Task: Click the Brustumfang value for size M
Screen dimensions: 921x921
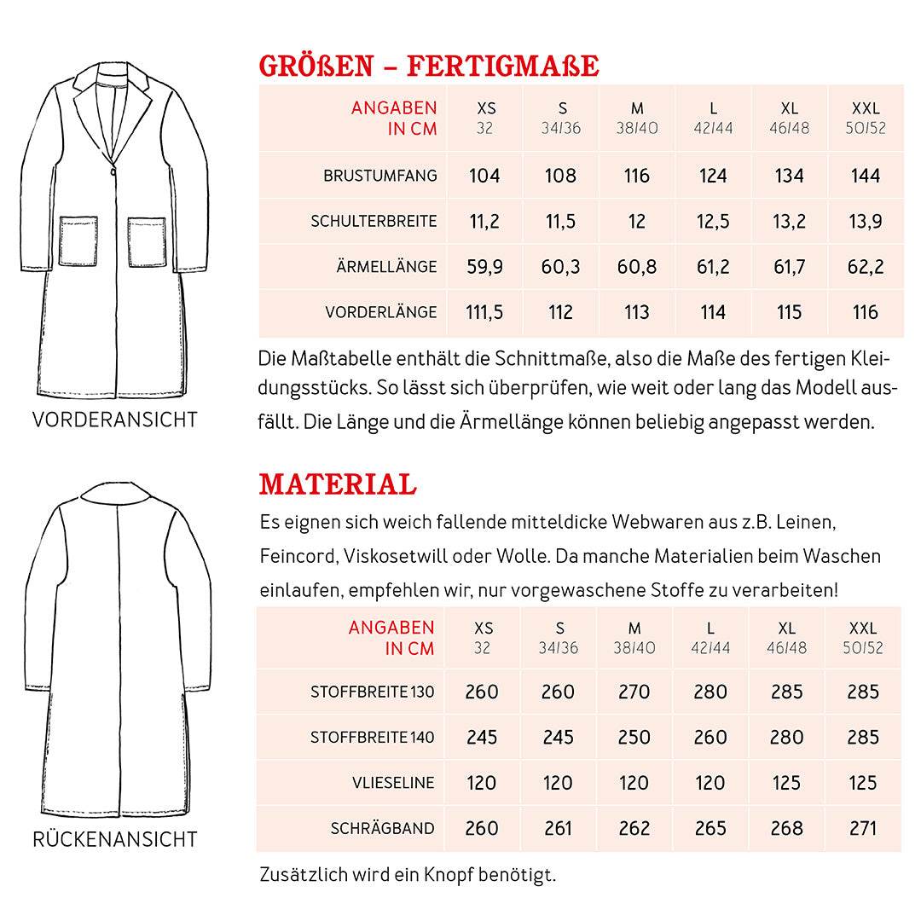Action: tap(637, 177)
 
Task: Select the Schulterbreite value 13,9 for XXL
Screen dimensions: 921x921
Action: tap(866, 222)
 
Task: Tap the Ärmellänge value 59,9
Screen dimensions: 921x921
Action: tap(484, 267)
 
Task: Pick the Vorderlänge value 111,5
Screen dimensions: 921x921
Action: tap(484, 312)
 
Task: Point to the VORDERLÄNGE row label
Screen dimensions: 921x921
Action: tap(380, 312)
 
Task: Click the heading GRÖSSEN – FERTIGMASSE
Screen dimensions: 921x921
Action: tap(429, 66)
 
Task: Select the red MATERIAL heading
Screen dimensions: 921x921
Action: tap(338, 484)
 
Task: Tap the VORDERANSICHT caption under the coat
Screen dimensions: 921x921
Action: tap(114, 420)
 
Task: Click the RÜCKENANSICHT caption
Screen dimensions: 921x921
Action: tap(114, 839)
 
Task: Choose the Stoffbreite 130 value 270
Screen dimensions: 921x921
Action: tap(634, 692)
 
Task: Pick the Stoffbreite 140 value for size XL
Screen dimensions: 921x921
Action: tap(786, 738)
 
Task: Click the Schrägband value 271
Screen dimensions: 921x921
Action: tap(862, 828)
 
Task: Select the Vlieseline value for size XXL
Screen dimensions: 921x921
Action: tap(862, 783)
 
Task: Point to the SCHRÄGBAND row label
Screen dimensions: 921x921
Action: tap(382, 828)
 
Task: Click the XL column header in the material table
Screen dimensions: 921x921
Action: tap(786, 628)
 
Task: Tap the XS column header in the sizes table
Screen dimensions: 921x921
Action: tap(485, 109)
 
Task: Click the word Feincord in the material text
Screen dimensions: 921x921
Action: tap(298, 556)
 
